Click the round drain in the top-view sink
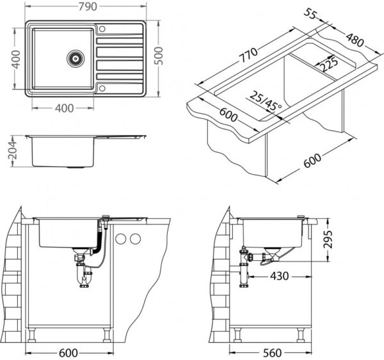click(75, 58)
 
